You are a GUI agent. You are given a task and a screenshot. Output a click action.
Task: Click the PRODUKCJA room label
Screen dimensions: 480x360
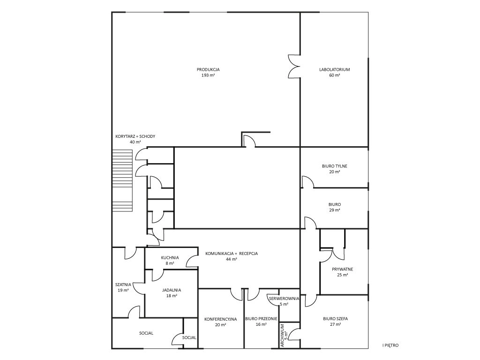click(x=208, y=69)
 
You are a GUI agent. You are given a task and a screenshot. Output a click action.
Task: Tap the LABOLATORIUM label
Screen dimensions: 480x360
click(x=335, y=69)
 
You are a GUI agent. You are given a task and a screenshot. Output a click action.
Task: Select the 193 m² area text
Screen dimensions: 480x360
click(x=208, y=75)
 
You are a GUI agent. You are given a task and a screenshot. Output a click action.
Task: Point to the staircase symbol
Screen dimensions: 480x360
click(x=122, y=180)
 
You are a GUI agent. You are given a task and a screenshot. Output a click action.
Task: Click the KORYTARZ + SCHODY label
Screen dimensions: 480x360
click(x=135, y=136)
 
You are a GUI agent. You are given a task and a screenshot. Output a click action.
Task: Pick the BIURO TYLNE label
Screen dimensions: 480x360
click(x=335, y=166)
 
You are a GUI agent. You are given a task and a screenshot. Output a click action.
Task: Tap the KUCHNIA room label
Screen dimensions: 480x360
click(x=170, y=258)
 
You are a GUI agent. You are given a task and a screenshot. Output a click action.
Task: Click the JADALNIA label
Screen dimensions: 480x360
click(x=172, y=290)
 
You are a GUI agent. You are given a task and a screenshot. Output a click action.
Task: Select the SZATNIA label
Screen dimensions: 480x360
click(x=123, y=285)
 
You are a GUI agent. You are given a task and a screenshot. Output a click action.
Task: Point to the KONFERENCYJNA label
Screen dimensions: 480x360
click(x=220, y=319)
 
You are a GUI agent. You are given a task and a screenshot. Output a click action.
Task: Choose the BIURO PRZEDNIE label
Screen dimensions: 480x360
click(x=261, y=319)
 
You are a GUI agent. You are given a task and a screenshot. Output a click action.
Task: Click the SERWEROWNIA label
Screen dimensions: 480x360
click(x=284, y=298)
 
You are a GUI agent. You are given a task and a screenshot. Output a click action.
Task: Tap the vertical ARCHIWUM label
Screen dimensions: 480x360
click(x=282, y=335)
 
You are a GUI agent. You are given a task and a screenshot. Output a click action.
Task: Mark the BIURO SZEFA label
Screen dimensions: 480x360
click(x=335, y=319)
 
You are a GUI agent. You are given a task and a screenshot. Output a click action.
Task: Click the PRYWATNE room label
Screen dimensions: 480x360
click(x=343, y=270)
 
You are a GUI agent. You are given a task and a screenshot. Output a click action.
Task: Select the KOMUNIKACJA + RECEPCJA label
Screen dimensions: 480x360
click(x=232, y=254)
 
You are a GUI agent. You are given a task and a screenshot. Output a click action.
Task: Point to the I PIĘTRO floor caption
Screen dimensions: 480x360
click(x=390, y=345)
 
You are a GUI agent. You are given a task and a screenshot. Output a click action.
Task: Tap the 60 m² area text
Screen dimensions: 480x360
click(x=335, y=75)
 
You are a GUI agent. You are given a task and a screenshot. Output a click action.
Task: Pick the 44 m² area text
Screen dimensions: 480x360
click(x=232, y=259)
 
